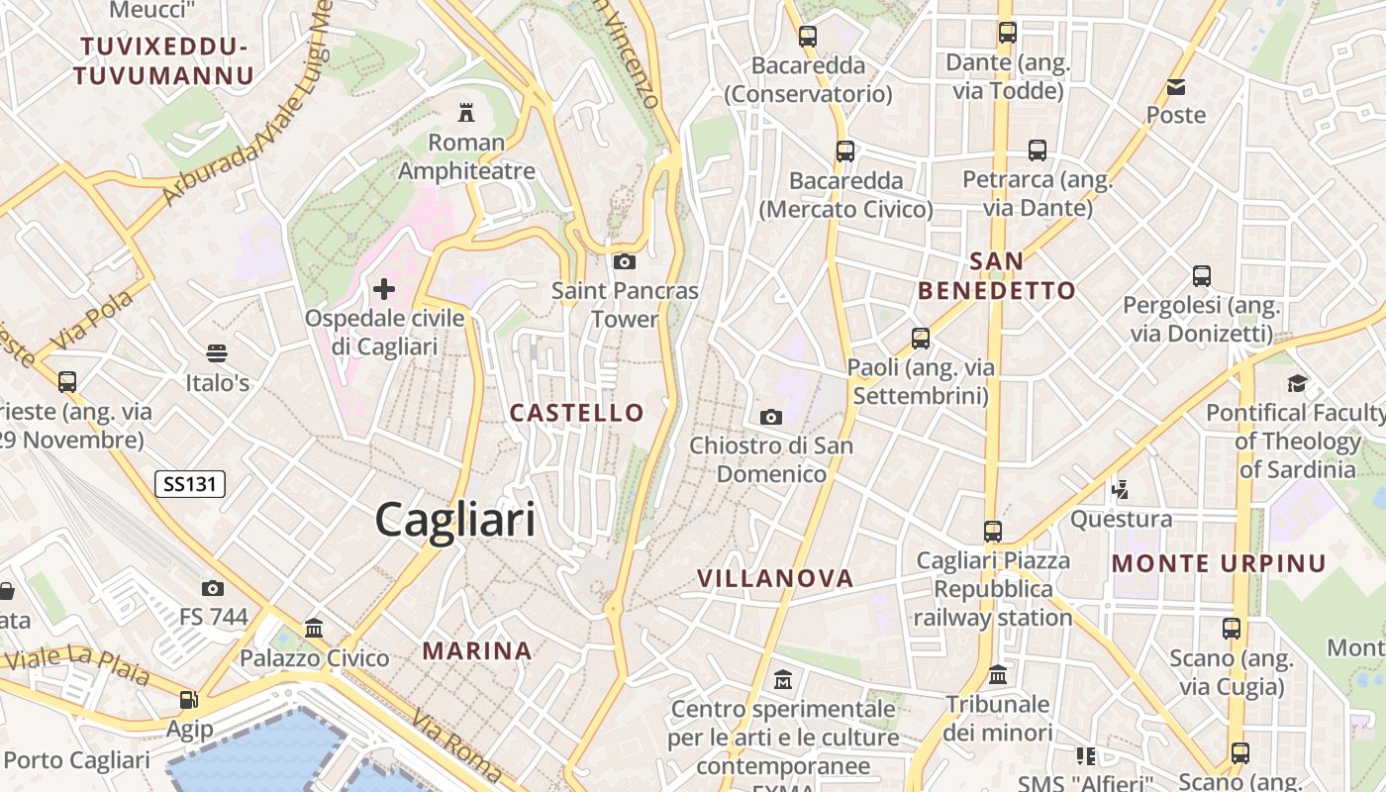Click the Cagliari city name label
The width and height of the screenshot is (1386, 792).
pyautogui.click(x=455, y=520)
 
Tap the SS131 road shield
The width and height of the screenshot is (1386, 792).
pyautogui.click(x=191, y=484)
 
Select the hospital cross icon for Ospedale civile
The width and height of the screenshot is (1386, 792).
pyautogui.click(x=384, y=289)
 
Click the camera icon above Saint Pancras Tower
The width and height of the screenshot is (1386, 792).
pyautogui.click(x=624, y=261)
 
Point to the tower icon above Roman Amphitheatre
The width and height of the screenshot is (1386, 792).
pyautogui.click(x=466, y=113)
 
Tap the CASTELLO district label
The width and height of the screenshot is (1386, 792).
pyautogui.click(x=577, y=413)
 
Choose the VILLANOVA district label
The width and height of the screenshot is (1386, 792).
pyautogui.click(x=775, y=578)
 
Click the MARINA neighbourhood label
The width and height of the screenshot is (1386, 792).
pyautogui.click(x=478, y=650)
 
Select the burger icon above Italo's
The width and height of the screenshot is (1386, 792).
pyautogui.click(x=217, y=353)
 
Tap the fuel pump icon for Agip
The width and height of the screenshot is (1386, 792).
pyautogui.click(x=188, y=700)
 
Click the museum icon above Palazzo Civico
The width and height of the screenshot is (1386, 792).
pyautogui.click(x=315, y=628)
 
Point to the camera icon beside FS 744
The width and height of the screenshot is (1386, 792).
pyautogui.click(x=213, y=588)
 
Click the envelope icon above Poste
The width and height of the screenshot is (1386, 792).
pyautogui.click(x=1176, y=87)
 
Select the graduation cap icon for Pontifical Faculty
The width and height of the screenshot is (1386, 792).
pyautogui.click(x=1297, y=383)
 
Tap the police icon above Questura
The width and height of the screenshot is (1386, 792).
pyautogui.click(x=1121, y=489)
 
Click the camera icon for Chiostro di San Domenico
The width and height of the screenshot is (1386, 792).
pyautogui.click(x=771, y=417)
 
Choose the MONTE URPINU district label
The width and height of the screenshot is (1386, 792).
pyautogui.click(x=1219, y=563)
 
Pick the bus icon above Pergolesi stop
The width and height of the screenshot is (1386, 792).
pyautogui.click(x=1202, y=276)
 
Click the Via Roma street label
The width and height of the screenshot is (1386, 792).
pyautogui.click(x=458, y=747)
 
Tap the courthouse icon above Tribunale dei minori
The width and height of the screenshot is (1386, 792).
pyautogui.click(x=998, y=675)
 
